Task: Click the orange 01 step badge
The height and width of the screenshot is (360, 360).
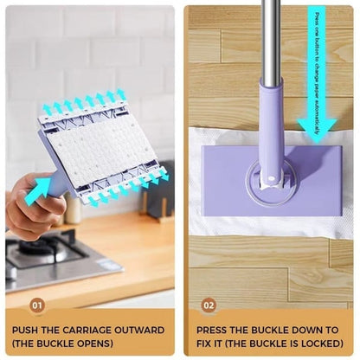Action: point(37,305)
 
